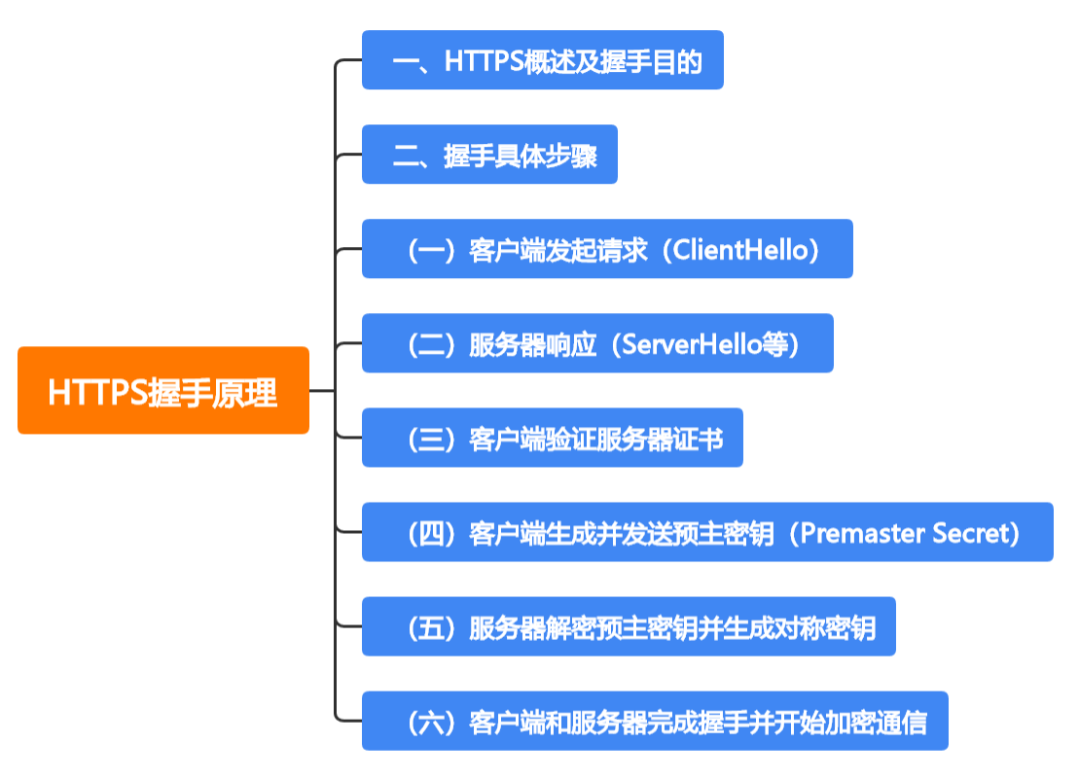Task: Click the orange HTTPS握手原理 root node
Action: (163, 390)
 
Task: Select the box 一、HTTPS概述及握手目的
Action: (542, 60)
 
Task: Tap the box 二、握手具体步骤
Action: (489, 154)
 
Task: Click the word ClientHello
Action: (739, 250)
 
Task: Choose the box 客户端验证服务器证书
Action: (552, 438)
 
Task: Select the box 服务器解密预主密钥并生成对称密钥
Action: (629, 626)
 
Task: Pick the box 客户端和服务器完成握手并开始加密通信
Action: (655, 721)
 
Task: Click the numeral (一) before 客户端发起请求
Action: (431, 250)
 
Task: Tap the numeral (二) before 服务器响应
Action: (431, 343)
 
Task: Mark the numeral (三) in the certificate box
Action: (431, 439)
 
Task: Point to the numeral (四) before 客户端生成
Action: (431, 533)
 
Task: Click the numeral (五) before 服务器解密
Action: (431, 627)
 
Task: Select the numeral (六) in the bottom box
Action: (431, 722)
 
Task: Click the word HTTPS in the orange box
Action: (97, 392)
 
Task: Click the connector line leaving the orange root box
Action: (322, 390)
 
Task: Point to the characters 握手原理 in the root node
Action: (213, 392)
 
